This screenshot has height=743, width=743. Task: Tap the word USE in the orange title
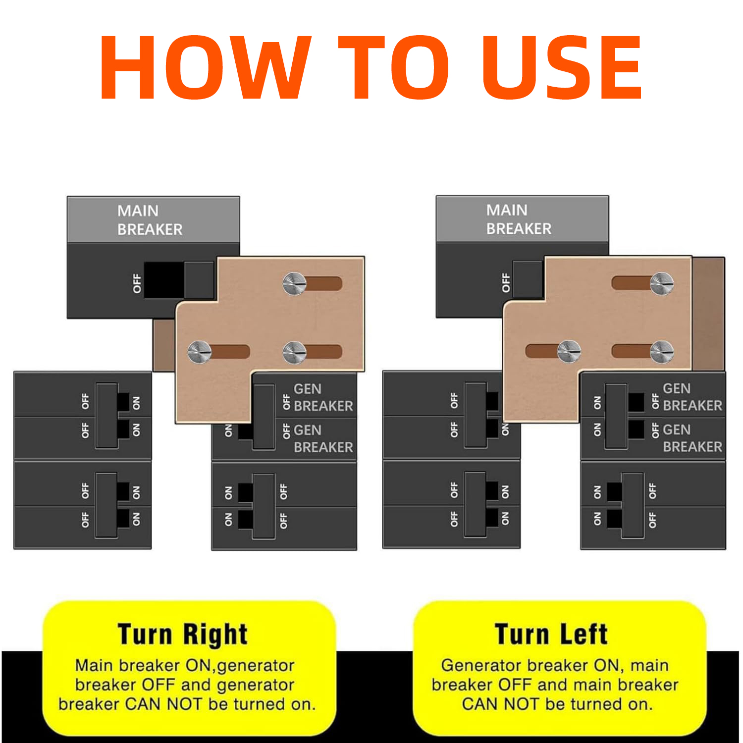[x=562, y=67]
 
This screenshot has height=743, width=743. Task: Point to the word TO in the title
[x=394, y=67]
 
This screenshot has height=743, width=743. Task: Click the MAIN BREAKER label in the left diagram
[x=150, y=220]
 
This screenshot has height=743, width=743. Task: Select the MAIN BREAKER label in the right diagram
[x=519, y=219]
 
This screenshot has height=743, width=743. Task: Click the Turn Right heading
[x=183, y=635]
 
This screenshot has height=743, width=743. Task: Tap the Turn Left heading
[x=551, y=635]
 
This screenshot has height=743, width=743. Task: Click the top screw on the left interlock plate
[x=295, y=284]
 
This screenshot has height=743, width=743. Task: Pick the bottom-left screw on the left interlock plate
[x=200, y=352]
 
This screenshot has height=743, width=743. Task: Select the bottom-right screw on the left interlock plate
[x=295, y=352]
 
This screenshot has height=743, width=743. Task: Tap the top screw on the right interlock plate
[x=662, y=284]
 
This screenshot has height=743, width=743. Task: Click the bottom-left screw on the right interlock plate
[x=569, y=352]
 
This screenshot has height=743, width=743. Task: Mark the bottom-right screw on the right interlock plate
[x=662, y=352]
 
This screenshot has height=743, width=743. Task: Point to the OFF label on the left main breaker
[x=137, y=283]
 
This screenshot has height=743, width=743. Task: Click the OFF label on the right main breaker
[x=506, y=282]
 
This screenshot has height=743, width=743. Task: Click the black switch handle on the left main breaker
[x=164, y=280]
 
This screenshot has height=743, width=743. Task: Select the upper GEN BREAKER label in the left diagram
[x=323, y=398]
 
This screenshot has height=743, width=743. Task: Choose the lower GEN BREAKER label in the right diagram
[x=692, y=438]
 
